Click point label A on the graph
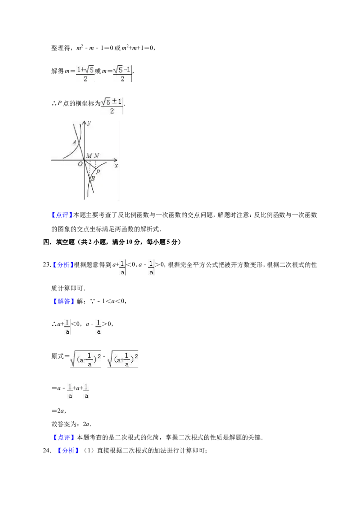tap(74, 142)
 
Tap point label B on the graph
tap(93, 178)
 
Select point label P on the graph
tap(98, 172)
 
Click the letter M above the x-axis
tap(89, 156)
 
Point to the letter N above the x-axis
tap(96, 156)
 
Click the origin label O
tap(80, 164)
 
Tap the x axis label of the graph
tap(116, 165)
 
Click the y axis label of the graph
tap(89, 123)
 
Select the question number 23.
tap(47, 264)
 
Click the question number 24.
tap(47, 450)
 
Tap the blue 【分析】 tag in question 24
tap(68, 451)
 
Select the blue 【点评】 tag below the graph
tap(62, 215)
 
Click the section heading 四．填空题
tap(59, 242)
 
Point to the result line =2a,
tap(59, 411)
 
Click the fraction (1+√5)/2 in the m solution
tap(85, 74)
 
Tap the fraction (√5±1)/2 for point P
tap(112, 106)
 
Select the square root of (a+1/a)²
tap(123, 359)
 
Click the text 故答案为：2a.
tap(71, 424)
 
